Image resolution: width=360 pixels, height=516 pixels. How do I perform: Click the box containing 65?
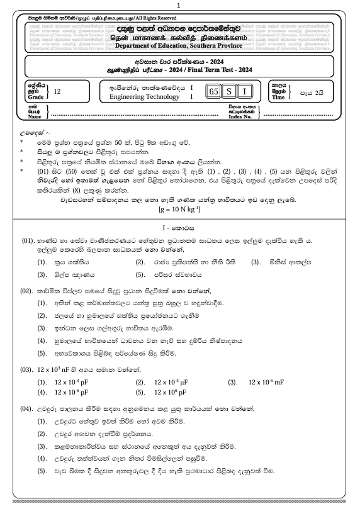point(214,91)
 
